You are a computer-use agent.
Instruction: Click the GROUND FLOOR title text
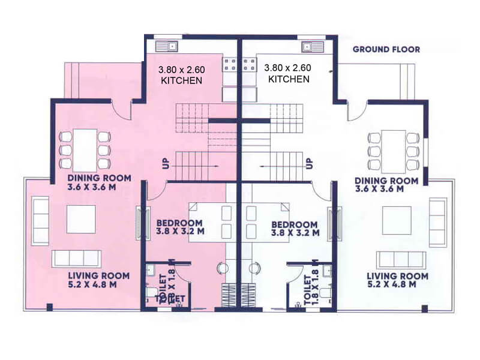click(x=386, y=49)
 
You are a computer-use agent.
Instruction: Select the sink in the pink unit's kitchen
click(x=165, y=45)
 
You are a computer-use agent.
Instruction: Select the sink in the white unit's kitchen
click(x=313, y=45)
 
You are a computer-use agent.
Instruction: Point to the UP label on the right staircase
click(x=310, y=163)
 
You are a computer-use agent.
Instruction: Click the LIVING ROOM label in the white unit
click(x=397, y=280)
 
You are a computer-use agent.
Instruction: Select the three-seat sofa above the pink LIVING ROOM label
click(x=76, y=259)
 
